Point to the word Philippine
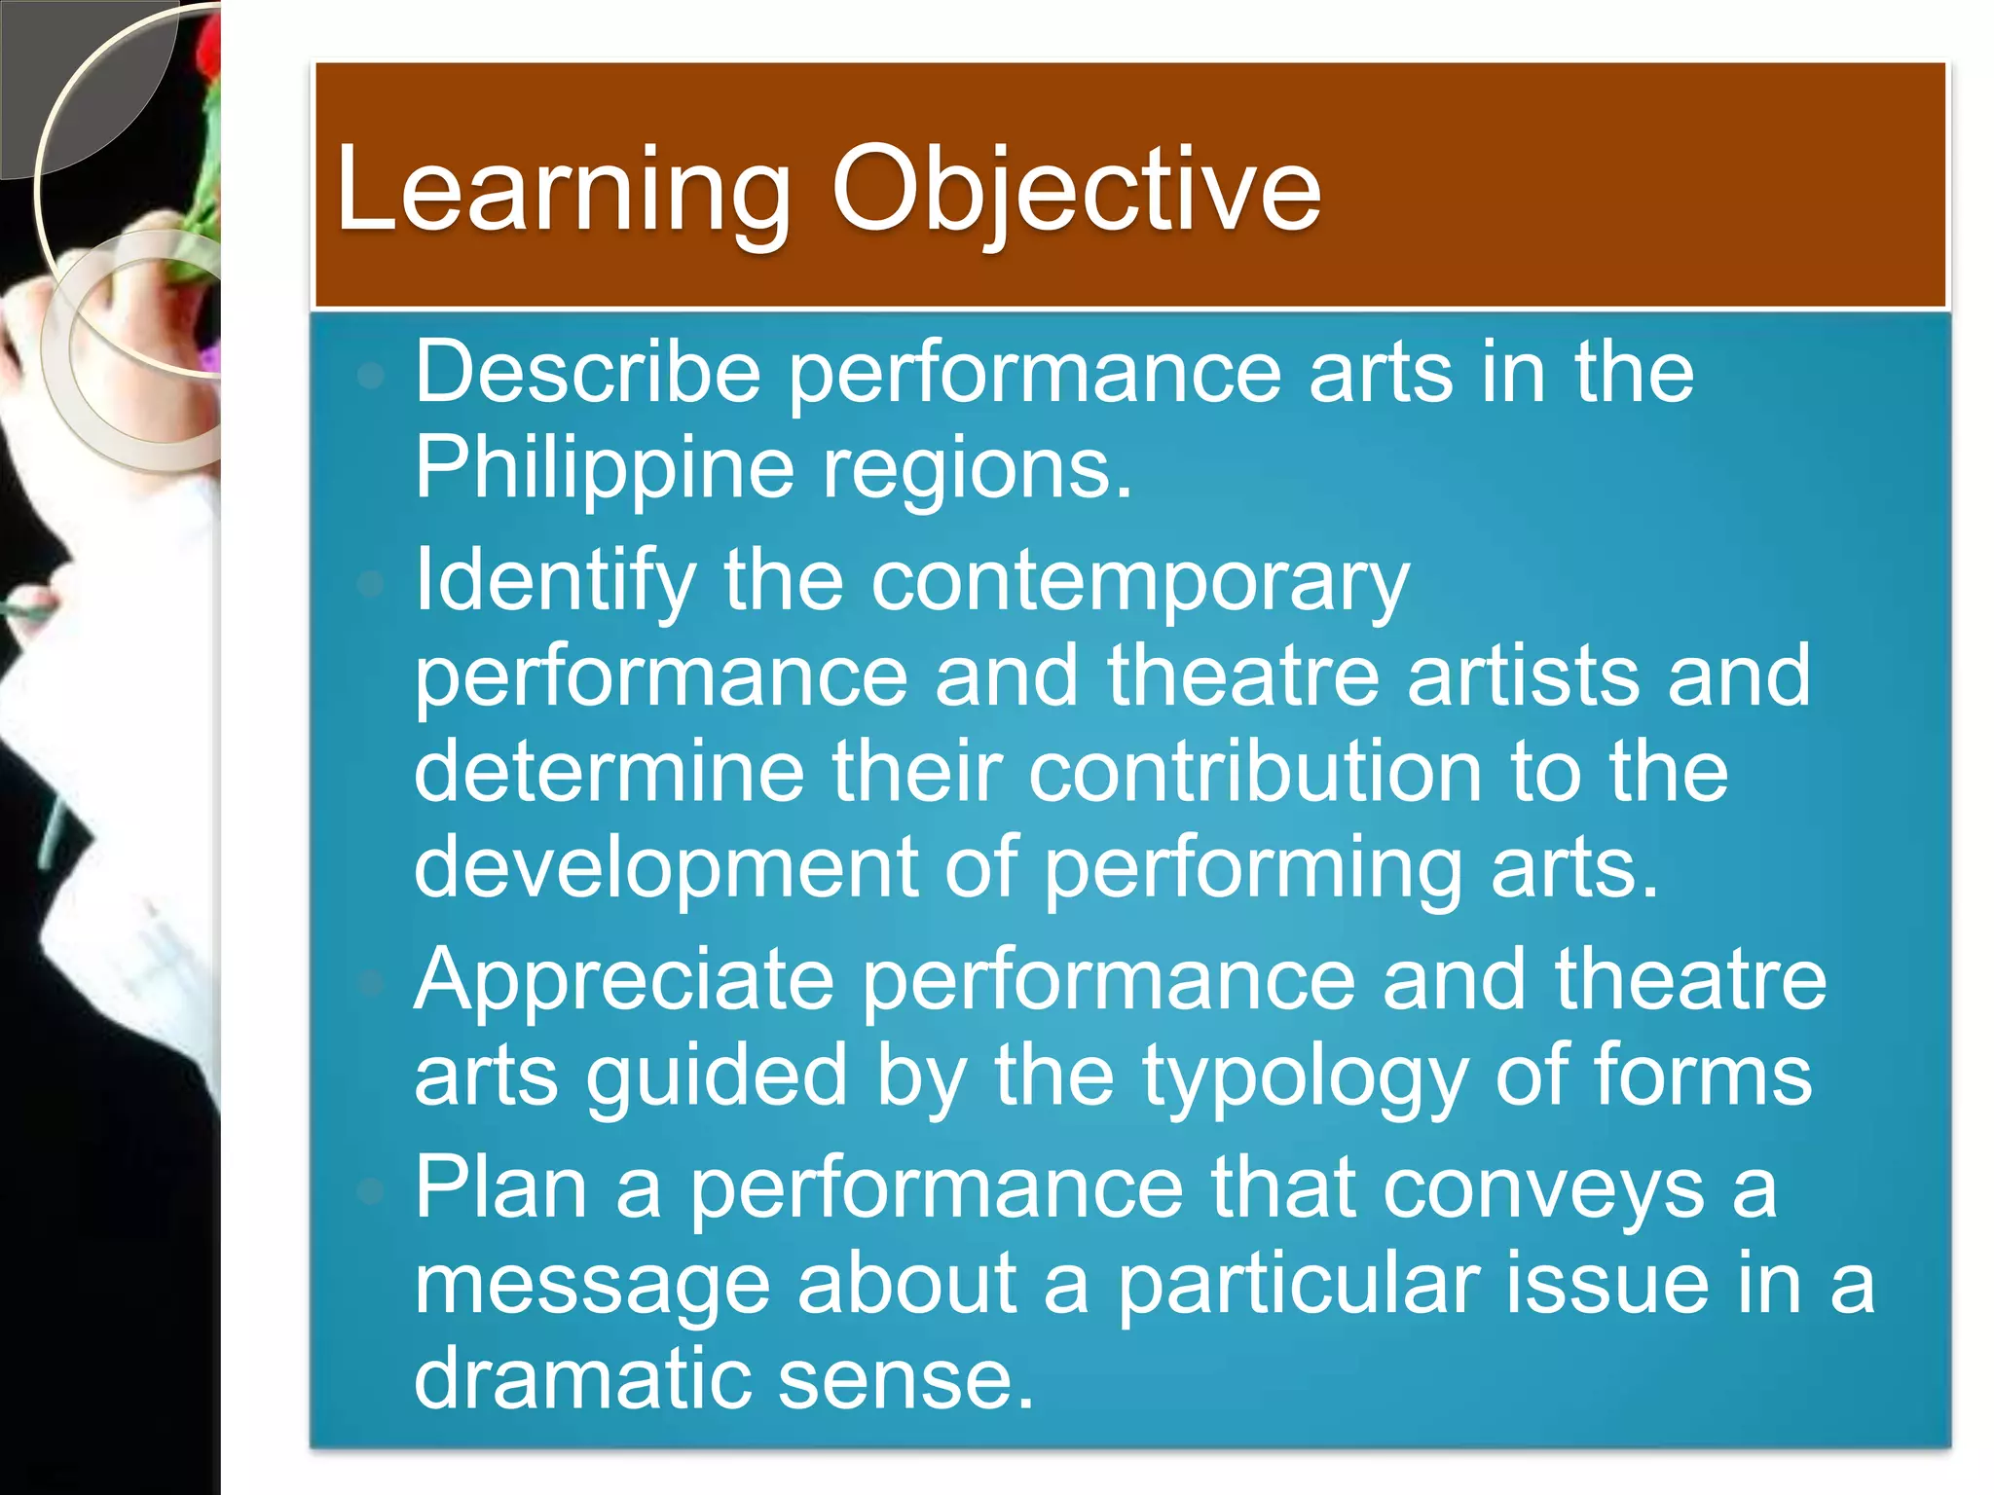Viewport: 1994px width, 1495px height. [605, 468]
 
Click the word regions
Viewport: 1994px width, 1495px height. [978, 470]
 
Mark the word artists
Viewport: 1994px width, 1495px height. [1524, 675]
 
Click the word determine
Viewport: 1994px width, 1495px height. [609, 771]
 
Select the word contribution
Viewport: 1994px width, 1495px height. [1256, 771]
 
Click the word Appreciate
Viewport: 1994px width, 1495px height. [624, 981]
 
